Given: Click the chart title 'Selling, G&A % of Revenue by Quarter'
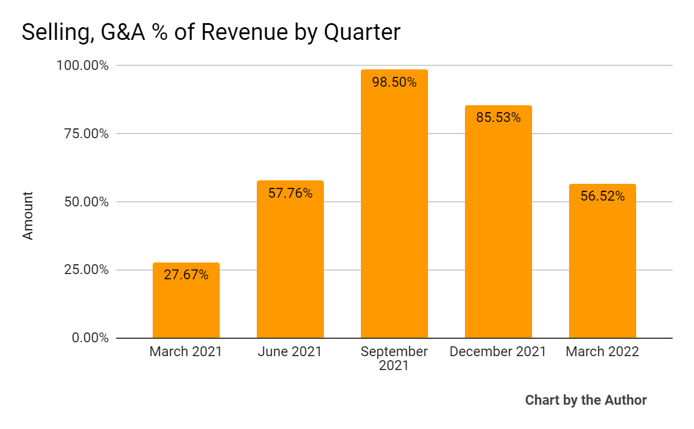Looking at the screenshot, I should (x=211, y=32).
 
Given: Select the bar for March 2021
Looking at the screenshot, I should (x=186, y=306).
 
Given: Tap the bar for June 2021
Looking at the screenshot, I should (x=290, y=266).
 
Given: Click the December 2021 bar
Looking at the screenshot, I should (x=499, y=231).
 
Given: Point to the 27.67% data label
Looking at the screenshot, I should (x=186, y=275).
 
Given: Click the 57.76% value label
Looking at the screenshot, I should (x=290, y=193).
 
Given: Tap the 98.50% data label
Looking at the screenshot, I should (x=394, y=82).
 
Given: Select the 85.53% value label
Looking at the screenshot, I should (x=499, y=118).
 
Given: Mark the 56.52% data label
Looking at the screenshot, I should (x=603, y=197).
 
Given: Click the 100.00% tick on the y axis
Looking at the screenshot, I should (x=83, y=65).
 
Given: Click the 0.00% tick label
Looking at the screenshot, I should (x=90, y=338).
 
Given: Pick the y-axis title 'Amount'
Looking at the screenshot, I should (x=28, y=216).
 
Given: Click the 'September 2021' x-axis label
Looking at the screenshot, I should (x=394, y=358).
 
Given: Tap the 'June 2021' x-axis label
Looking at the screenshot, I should (x=290, y=352).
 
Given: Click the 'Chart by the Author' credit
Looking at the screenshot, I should (x=586, y=400).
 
